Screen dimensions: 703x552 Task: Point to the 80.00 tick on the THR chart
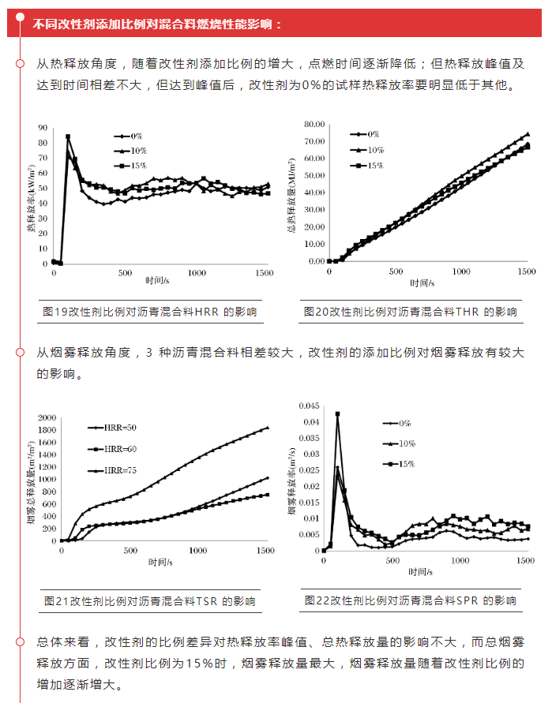[314, 125]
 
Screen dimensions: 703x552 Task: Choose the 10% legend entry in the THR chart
[374, 150]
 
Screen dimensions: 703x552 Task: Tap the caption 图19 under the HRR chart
[150, 312]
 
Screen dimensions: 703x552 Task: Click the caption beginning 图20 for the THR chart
[411, 312]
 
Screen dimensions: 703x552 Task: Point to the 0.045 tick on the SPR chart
[309, 406]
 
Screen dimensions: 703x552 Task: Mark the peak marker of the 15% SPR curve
[337, 413]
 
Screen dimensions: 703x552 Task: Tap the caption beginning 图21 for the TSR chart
[150, 601]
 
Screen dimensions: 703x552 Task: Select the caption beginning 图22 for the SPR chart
[411, 600]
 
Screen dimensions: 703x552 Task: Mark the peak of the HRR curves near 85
[68, 136]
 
